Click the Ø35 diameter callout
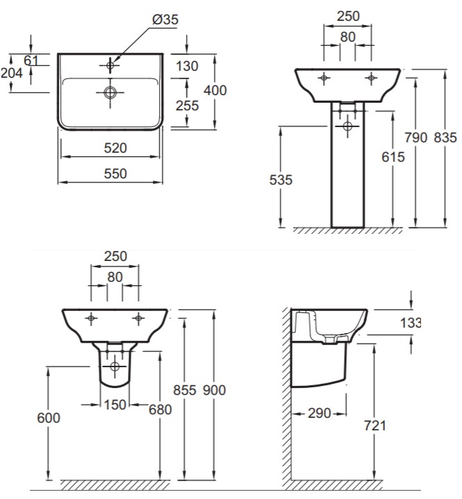click(165, 19)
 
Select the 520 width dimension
click(115, 148)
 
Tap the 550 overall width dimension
click(115, 174)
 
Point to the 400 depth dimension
click(215, 90)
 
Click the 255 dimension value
click(187, 105)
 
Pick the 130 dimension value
click(187, 66)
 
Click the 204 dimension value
click(12, 73)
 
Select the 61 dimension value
click(31, 60)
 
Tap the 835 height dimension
click(445, 137)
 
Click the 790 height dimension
click(415, 137)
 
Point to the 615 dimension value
click(393, 157)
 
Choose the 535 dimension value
click(281, 180)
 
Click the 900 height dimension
click(214, 390)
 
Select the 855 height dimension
click(185, 390)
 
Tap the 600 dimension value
click(49, 418)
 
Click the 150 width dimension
click(115, 405)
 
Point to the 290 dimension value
click(320, 414)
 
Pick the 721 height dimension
click(374, 425)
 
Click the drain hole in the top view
click(110, 92)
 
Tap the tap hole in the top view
click(110, 65)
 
